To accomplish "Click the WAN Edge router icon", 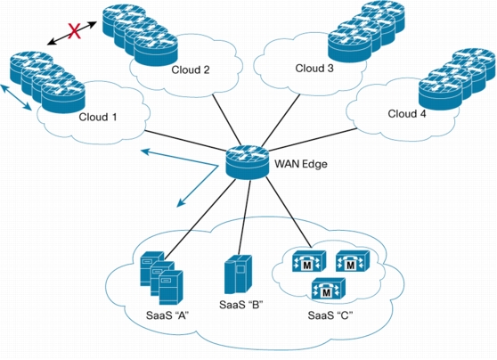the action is coord(247,162).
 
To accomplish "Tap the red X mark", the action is coord(75,31).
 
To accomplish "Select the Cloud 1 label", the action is coord(98,117).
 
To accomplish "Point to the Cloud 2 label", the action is coord(191,70).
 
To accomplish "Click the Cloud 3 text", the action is coord(314,69).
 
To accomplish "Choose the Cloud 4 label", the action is coord(407,113).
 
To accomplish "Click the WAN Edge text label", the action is coord(301,164).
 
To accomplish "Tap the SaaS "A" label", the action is coord(167,315).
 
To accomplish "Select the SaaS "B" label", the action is coord(241,305).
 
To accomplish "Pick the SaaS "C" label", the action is coord(330,315).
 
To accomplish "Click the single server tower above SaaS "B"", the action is coord(239,274).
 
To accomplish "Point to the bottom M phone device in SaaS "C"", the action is coord(329,290).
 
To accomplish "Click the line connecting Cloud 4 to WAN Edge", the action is coord(313,140).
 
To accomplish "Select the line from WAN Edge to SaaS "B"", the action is coord(244,217).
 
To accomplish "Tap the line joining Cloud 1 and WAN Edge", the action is coord(186,140).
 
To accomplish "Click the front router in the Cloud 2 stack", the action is coord(155,49).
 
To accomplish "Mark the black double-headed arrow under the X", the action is coord(72,33).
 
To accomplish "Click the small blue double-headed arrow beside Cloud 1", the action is coord(16,98).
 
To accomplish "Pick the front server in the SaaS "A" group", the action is coord(171,287).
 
